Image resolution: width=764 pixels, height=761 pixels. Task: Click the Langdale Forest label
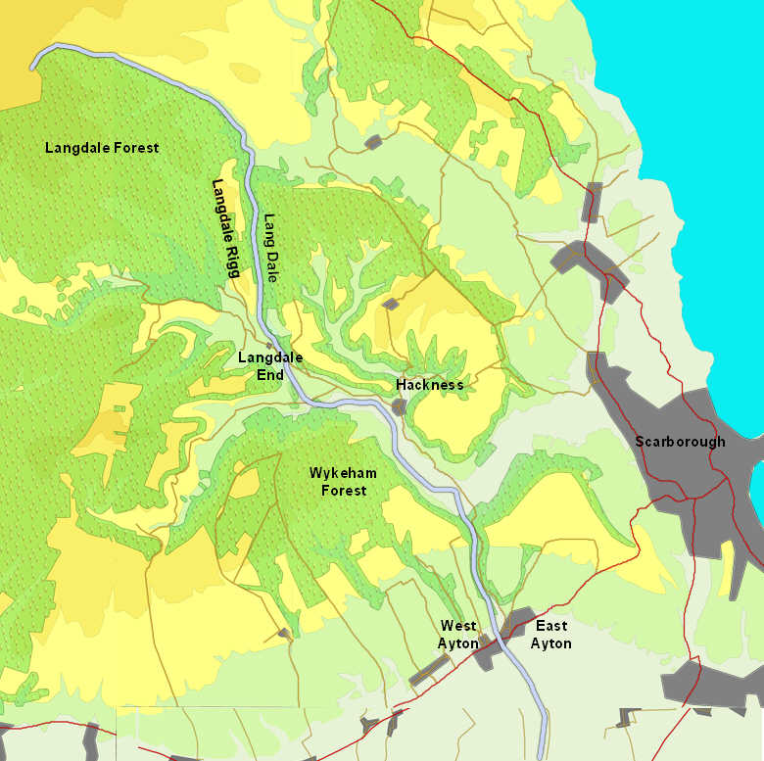click(x=102, y=148)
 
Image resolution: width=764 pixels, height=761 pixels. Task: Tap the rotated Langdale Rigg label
click(x=225, y=228)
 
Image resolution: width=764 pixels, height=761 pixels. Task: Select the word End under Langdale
click(x=270, y=375)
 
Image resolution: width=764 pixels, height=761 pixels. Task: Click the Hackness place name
click(x=430, y=385)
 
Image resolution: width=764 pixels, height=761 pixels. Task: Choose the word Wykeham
click(x=343, y=473)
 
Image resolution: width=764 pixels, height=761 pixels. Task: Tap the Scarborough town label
click(x=680, y=442)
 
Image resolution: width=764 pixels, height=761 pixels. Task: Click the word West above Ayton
click(x=458, y=626)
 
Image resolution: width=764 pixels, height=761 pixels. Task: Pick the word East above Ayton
click(x=550, y=626)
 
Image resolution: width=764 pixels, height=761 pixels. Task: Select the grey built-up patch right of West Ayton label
click(x=484, y=653)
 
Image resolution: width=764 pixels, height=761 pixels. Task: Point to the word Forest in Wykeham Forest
click(x=344, y=490)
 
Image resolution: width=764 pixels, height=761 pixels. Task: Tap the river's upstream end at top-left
click(x=32, y=66)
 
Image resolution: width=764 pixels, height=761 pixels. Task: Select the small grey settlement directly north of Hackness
click(x=390, y=305)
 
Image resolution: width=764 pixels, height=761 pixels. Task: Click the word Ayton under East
click(x=550, y=643)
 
